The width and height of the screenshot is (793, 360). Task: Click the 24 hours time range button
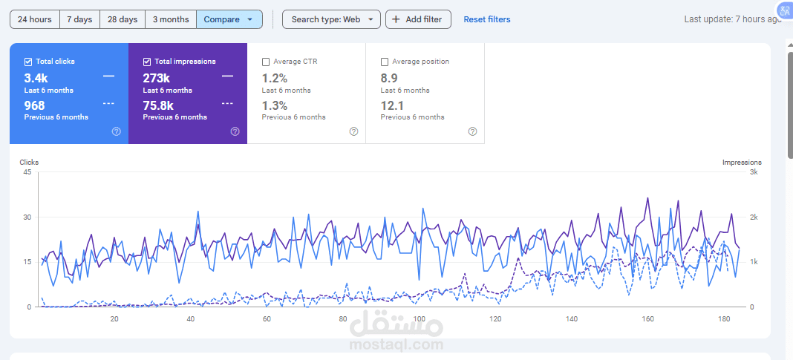pos(35,19)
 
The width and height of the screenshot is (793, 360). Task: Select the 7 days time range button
pos(79,19)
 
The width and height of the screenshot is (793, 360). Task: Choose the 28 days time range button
pos(123,19)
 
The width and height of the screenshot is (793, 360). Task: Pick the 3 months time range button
pos(171,19)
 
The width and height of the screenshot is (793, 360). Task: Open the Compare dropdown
pos(229,19)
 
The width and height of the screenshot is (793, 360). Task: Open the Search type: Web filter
pos(331,19)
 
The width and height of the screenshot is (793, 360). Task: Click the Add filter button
pos(418,19)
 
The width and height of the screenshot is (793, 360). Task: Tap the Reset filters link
pos(487,19)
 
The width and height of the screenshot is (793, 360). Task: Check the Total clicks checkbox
pos(28,62)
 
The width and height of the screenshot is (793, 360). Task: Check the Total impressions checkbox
pos(147,62)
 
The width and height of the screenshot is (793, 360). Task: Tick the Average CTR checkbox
pos(266,62)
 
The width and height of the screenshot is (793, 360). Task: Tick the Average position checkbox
pos(385,62)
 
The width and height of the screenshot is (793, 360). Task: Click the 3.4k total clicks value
pos(36,78)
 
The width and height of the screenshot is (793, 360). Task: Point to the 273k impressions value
pos(156,78)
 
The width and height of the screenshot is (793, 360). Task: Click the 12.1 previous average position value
pos(392,105)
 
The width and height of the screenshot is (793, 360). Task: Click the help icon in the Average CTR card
pos(353,131)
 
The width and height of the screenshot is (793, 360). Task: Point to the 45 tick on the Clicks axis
pos(27,172)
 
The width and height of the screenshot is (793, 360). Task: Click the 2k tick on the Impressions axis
pos(753,217)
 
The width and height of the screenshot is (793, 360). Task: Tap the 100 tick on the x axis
pos(420,319)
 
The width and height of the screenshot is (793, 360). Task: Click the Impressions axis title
pos(741,162)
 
